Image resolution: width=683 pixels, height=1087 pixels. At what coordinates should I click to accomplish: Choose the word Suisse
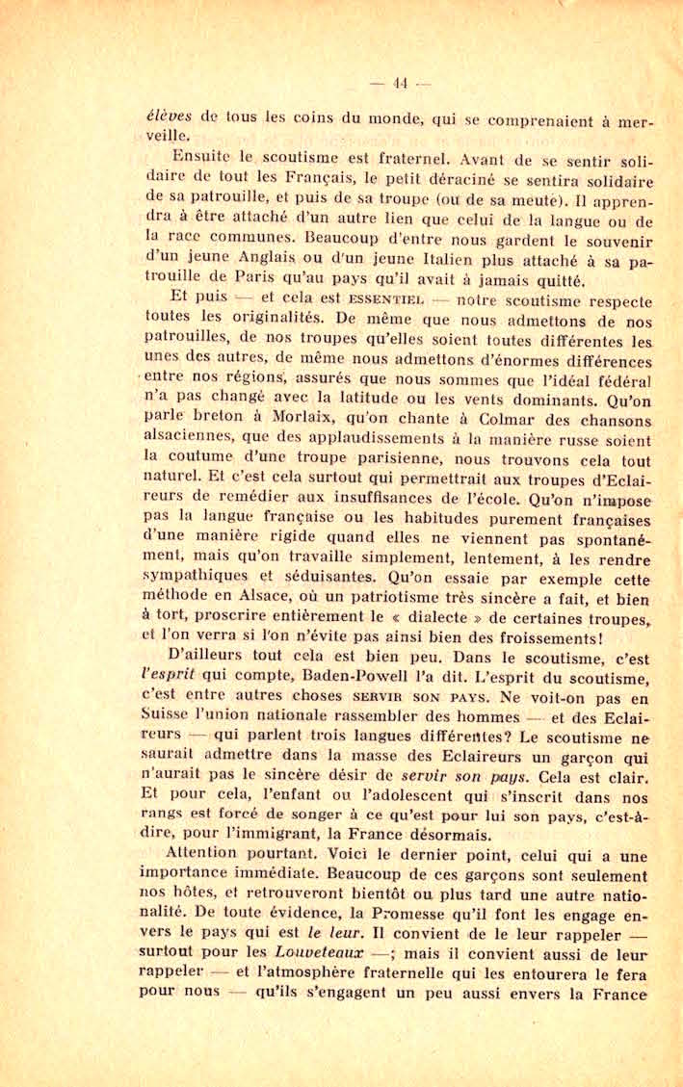[169, 717]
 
